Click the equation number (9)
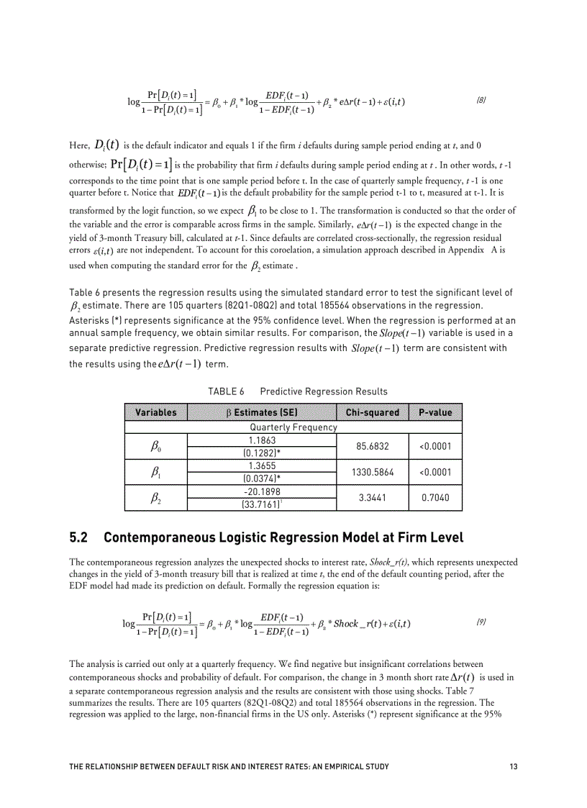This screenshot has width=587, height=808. pyautogui.click(x=481, y=621)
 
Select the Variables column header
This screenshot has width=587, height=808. pyautogui.click(x=155, y=412)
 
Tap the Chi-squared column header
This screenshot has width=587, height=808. pyautogui.click(x=372, y=412)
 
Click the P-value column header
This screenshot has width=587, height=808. pyautogui.click(x=435, y=412)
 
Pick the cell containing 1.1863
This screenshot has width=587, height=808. pyautogui.click(x=262, y=440)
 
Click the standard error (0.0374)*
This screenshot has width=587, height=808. pyautogui.click(x=262, y=478)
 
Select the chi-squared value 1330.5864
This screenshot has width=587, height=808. pyautogui.click(x=372, y=472)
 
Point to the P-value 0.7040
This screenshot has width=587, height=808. pyautogui.click(x=435, y=498)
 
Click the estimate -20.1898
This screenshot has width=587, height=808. pyautogui.click(x=262, y=491)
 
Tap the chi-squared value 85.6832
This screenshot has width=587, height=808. pyautogui.click(x=372, y=446)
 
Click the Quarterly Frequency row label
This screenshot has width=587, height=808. pyautogui.click(x=293, y=427)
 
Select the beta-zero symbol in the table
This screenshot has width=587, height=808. pyautogui.click(x=155, y=447)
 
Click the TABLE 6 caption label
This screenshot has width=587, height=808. pyautogui.click(x=226, y=391)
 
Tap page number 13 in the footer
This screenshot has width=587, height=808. pyautogui.click(x=513, y=766)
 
